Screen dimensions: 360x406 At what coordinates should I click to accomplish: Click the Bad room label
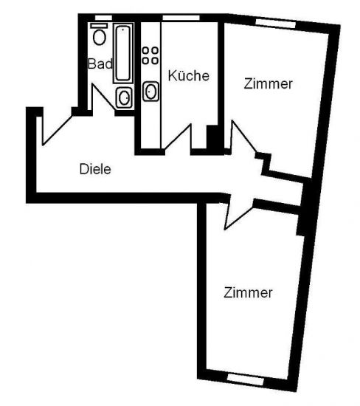[x=100, y=63]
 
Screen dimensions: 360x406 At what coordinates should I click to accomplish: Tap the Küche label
[x=188, y=75]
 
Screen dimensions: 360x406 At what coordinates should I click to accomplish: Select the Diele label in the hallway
[x=95, y=169]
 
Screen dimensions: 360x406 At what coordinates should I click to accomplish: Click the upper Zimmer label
[x=268, y=84]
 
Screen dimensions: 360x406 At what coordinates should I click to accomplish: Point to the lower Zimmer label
[x=248, y=293]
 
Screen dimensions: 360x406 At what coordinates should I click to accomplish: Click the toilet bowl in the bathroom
[x=100, y=38]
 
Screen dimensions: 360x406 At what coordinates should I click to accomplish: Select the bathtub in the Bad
[x=123, y=53]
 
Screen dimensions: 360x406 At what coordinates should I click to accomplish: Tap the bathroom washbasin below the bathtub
[x=124, y=97]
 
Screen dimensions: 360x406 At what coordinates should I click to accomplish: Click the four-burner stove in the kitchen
[x=150, y=55]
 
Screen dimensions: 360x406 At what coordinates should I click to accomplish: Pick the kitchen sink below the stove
[x=151, y=91]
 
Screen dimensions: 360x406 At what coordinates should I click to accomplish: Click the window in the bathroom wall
[x=103, y=18]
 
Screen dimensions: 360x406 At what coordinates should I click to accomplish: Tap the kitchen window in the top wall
[x=181, y=18]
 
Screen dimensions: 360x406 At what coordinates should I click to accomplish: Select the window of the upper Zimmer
[x=275, y=24]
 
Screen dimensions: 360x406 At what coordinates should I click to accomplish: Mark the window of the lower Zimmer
[x=246, y=379]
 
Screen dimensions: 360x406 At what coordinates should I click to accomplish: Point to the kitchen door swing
[x=179, y=137]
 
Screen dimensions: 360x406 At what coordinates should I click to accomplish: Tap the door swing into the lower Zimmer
[x=238, y=215]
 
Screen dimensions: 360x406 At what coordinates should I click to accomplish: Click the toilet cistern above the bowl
[x=99, y=25]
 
